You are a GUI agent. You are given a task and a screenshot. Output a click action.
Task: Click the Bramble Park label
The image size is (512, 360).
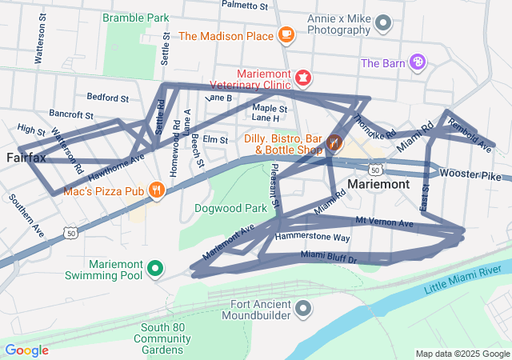(135, 17)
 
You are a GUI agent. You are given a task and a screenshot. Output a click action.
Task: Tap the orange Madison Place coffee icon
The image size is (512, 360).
(286, 34)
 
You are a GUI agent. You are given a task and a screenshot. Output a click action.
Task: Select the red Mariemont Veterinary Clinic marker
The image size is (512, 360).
(303, 78)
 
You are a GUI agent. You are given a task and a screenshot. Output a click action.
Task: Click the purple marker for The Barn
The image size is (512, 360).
(417, 62)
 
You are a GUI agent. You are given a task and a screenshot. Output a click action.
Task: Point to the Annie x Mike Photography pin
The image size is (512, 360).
(384, 23)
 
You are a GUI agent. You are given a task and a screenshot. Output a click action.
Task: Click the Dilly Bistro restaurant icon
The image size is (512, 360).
(334, 143)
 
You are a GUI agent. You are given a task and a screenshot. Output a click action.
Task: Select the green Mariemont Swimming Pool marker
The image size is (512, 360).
(157, 268)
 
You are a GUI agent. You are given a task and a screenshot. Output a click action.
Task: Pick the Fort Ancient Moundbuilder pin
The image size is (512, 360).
(303, 308)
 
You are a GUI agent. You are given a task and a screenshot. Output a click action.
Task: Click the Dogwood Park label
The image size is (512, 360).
(230, 208)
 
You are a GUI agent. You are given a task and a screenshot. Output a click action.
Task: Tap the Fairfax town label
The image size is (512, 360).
(26, 157)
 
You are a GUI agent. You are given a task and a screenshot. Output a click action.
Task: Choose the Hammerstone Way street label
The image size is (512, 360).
(313, 238)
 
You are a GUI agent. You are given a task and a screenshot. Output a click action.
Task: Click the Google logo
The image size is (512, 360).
(26, 350)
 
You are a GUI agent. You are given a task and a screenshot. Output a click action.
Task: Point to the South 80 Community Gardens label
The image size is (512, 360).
(162, 339)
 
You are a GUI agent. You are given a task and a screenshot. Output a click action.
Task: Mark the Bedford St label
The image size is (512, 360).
(107, 98)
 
